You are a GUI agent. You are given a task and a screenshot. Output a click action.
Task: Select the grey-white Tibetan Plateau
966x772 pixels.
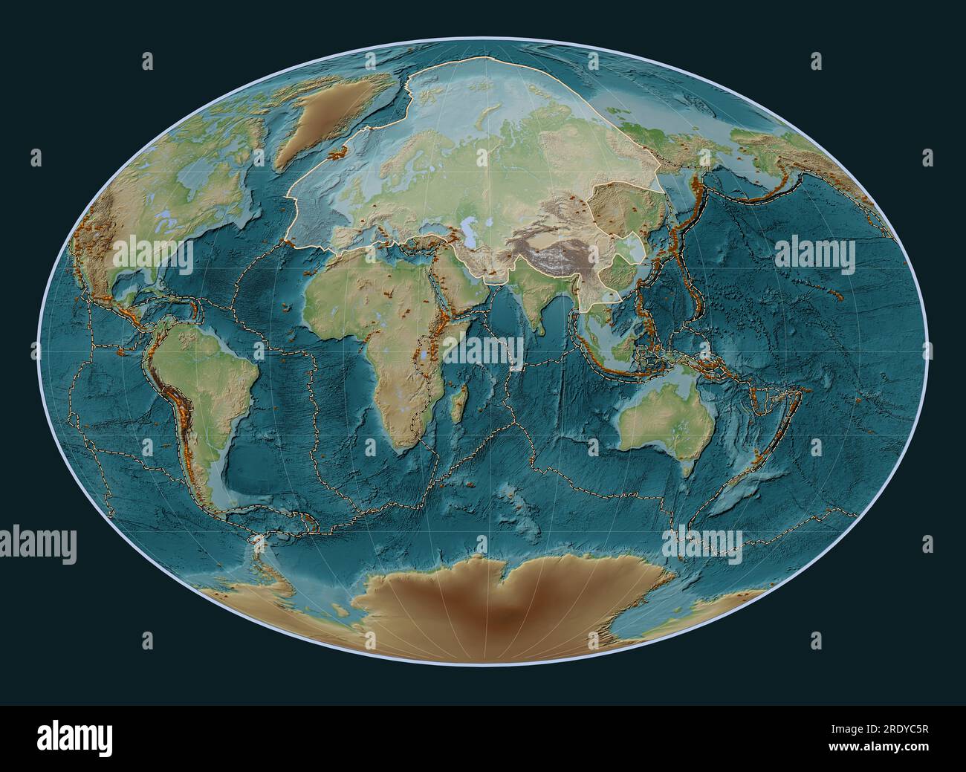tap(568, 256)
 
